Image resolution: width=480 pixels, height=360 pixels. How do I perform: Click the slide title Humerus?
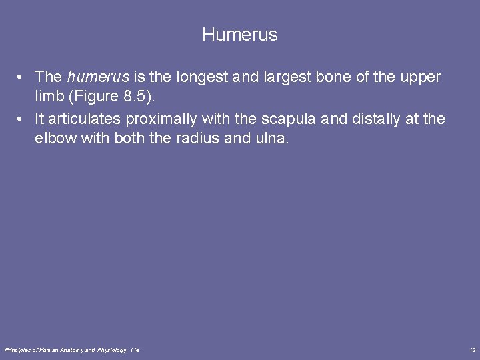click(239, 35)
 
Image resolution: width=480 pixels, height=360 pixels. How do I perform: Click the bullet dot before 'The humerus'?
click(22, 78)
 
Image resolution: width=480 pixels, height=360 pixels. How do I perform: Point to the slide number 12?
click(471, 349)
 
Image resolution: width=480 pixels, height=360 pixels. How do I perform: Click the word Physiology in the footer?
click(112, 349)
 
